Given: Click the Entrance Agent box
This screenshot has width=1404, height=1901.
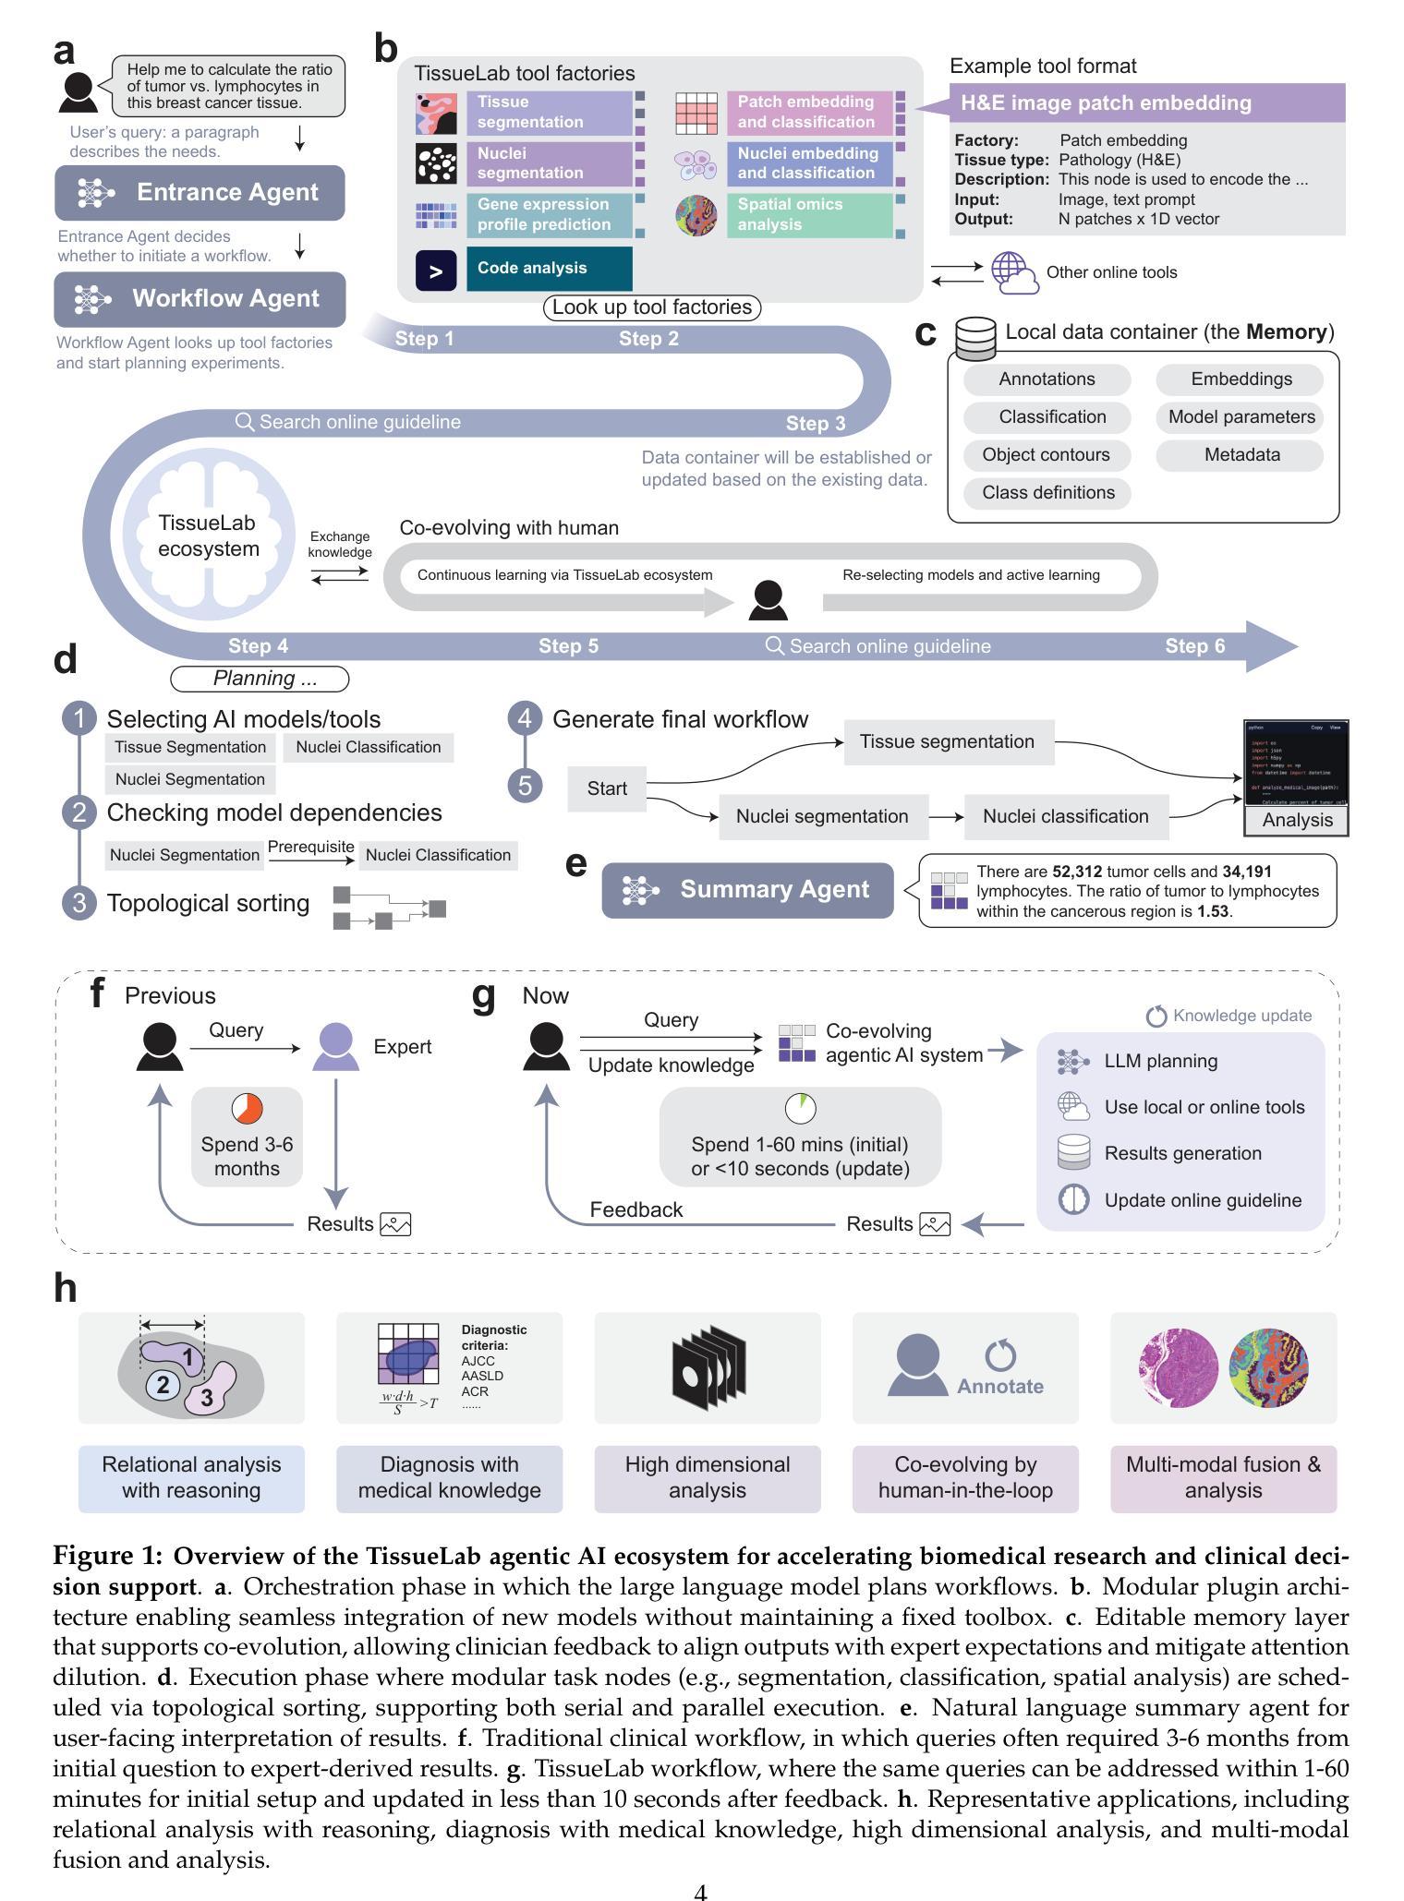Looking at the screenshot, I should point(200,192).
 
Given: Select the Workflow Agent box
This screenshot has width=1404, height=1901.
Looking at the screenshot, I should point(200,299).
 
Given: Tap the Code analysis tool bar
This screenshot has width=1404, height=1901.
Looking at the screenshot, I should point(549,269).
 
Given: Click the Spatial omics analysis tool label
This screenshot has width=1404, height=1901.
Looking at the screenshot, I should point(808,214).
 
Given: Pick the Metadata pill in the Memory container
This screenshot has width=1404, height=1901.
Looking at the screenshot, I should point(1241,454).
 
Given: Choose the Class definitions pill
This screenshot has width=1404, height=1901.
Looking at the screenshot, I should point(1047,492).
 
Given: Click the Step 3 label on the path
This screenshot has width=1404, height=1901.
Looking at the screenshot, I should point(815,424).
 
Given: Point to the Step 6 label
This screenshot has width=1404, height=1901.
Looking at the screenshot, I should point(1194,646).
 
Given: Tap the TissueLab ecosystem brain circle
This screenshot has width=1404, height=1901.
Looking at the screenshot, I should point(208,536).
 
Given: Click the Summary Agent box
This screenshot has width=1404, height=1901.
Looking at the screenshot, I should point(747,890).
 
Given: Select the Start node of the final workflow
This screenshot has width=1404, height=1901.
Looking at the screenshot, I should point(606,788).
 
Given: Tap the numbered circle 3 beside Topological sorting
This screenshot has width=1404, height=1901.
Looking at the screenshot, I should point(79,902).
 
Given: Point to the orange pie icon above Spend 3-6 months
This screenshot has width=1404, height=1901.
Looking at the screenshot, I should point(247,1108).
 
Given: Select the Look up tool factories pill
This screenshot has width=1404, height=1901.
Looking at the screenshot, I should point(651,307).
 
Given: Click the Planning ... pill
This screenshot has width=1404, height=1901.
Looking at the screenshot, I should point(260,679).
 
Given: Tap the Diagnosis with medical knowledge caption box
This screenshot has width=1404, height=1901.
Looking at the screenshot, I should point(449,1478).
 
